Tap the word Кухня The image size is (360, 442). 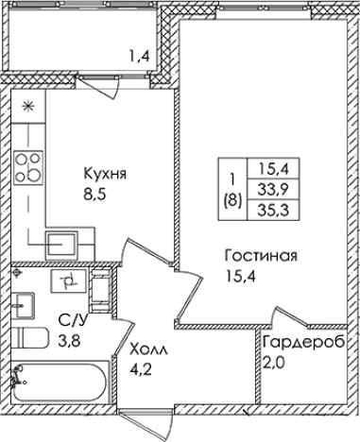tap(105, 174)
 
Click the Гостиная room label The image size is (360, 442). tap(262, 256)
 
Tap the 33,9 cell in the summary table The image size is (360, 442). tap(274, 188)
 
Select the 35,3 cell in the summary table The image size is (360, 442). tap(274, 209)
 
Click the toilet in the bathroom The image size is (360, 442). tap(27, 342)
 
